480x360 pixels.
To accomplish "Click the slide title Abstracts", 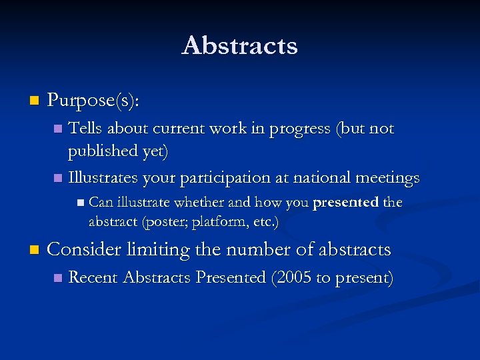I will coord(239,46).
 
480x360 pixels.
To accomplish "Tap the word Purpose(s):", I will coord(94,101).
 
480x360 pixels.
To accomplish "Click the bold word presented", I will coord(345,202).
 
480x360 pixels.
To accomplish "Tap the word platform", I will coord(215,221).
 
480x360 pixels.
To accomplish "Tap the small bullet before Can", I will coord(80,202).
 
